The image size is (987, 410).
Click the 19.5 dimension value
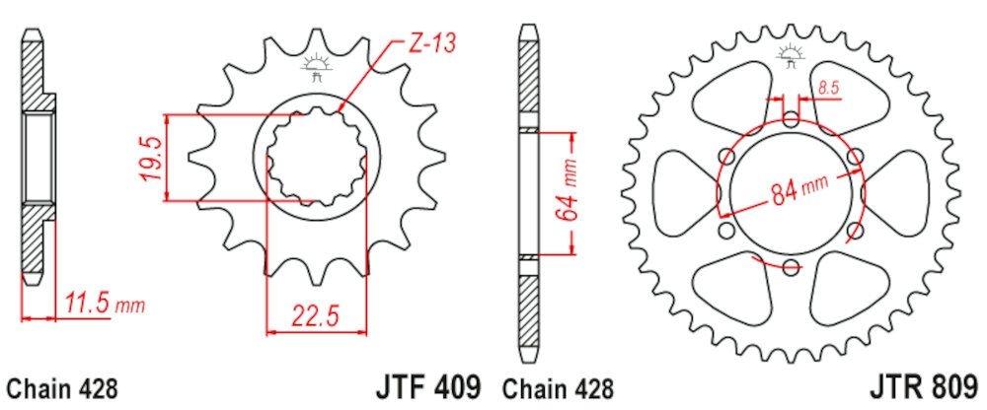[152, 159]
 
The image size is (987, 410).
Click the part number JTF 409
[425, 384]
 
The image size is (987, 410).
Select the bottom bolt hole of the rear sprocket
[792, 267]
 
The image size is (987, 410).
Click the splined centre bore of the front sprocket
[315, 158]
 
